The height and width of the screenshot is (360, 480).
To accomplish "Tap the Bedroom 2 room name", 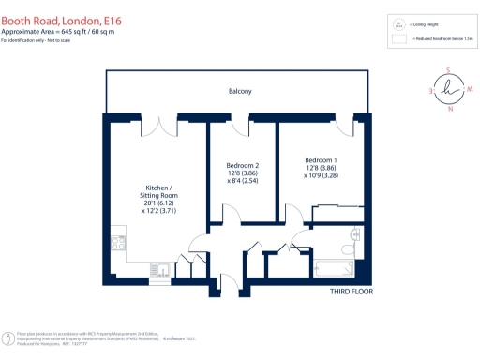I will pos(242,166).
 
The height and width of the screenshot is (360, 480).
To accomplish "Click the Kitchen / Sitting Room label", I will pos(157,191).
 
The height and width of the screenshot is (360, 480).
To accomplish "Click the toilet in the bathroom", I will pos(354,235).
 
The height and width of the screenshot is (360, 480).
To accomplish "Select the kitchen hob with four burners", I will pos(117,244).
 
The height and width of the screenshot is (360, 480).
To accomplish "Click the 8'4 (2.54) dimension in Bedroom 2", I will pos(242,183).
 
